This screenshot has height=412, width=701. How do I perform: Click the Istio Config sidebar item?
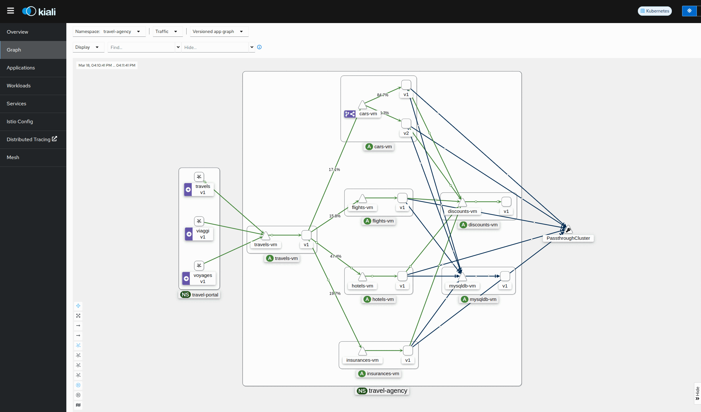20,122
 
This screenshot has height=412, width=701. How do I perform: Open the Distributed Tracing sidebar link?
32,139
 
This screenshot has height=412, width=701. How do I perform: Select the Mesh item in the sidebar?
13,158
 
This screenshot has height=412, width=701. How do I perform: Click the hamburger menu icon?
11,11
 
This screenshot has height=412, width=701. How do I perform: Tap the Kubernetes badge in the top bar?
655,11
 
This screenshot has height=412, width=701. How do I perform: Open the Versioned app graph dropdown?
219,31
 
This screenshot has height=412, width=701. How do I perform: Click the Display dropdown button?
88,47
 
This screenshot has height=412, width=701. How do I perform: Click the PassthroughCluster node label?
568,238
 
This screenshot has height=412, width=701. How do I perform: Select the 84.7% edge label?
382,95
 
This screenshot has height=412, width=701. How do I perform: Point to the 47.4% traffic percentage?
336,256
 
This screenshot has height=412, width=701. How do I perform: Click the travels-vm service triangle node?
265,236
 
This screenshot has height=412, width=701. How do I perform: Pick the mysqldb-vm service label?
462,286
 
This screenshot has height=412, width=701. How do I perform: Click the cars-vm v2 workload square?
406,124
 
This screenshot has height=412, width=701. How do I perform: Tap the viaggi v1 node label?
203,234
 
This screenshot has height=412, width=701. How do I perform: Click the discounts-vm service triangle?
462,202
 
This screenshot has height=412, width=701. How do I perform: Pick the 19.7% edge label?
335,294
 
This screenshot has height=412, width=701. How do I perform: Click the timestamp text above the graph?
107,65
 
